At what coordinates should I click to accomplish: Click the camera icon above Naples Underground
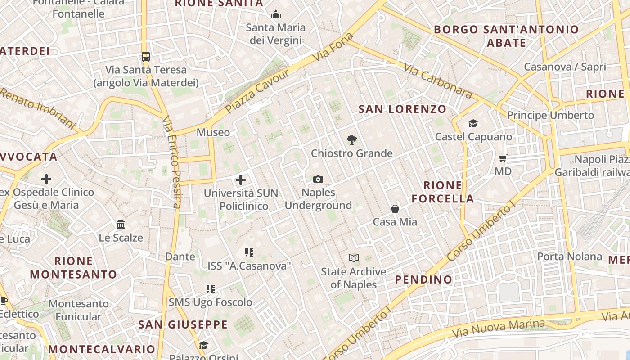pyautogui.click(x=318, y=180)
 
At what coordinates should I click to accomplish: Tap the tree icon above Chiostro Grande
pyautogui.click(x=352, y=140)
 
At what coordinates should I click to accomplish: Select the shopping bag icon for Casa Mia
pyautogui.click(x=395, y=209)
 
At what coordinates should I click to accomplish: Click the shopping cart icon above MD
pyautogui.click(x=503, y=158)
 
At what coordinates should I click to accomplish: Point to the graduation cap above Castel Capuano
pyautogui.click(x=473, y=123)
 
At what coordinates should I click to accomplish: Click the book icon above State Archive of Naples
pyautogui.click(x=354, y=258)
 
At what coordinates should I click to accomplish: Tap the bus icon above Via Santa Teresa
pyautogui.click(x=145, y=57)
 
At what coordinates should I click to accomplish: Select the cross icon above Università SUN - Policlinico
pyautogui.click(x=241, y=180)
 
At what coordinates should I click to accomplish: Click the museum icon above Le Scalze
pyautogui.click(x=121, y=224)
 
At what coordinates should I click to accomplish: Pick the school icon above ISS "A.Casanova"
pyautogui.click(x=249, y=252)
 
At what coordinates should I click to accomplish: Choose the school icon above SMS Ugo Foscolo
pyautogui.click(x=210, y=288)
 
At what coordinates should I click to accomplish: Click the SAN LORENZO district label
pyautogui.click(x=402, y=109)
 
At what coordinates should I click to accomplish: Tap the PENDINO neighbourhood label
pyautogui.click(x=423, y=279)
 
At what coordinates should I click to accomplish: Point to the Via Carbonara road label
pyautogui.click(x=438, y=81)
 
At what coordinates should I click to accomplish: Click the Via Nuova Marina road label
pyautogui.click(x=499, y=329)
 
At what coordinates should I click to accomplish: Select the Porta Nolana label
pyautogui.click(x=569, y=256)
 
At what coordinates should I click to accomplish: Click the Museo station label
pyautogui.click(x=213, y=132)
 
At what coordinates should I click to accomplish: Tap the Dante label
pyautogui.click(x=180, y=256)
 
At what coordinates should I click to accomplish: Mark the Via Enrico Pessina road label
pyautogui.click(x=171, y=162)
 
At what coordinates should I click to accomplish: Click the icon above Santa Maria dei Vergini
pyautogui.click(x=275, y=15)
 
